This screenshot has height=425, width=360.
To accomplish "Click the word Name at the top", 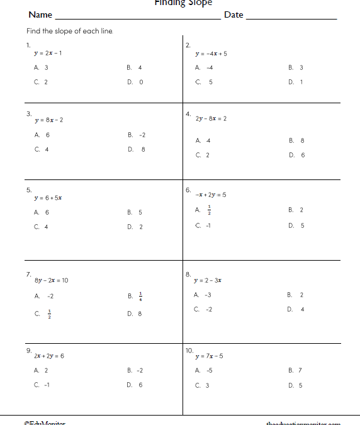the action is click(x=40, y=15).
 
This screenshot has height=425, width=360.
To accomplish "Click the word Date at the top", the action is click(x=233, y=15).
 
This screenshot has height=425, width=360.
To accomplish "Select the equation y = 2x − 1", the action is click(x=48, y=53).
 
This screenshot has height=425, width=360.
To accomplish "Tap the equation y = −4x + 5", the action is click(x=211, y=54).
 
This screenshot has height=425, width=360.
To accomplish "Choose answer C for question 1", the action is click(x=41, y=82).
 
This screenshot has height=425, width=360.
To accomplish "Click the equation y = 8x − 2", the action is click(x=49, y=120).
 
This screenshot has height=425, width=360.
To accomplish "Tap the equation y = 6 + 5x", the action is click(x=48, y=198).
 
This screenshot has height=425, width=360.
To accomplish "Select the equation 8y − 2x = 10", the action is click(x=52, y=280).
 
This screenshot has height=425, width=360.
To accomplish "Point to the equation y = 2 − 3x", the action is click(x=208, y=280).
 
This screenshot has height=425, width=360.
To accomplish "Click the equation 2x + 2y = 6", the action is click(x=49, y=356).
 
